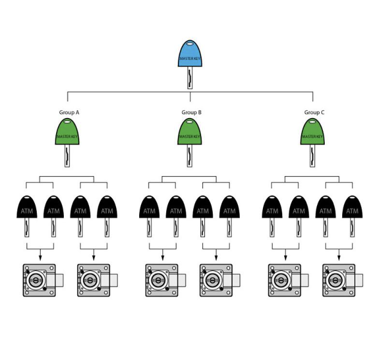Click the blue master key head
190,54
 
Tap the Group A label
69,112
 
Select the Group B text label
191,112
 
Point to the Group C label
314,112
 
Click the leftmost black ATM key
27,216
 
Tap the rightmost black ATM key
352,216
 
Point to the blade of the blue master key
190,78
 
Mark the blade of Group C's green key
312,156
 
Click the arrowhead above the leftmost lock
40,258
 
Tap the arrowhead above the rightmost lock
339,258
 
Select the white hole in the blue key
190,44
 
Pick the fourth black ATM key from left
107,216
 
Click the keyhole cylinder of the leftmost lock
36,280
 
